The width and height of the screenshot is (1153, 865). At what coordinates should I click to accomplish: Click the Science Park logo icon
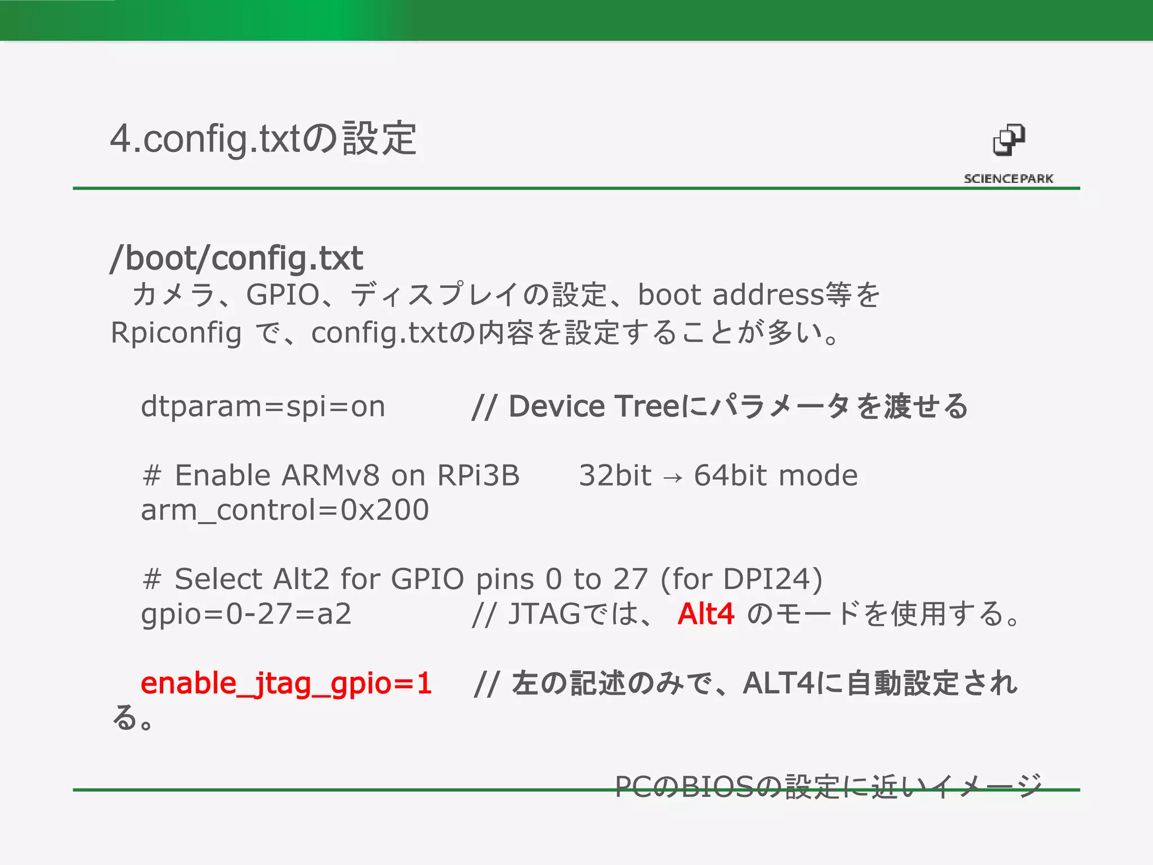pos(1008,140)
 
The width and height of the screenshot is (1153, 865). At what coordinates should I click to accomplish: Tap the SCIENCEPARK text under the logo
pos(1008,179)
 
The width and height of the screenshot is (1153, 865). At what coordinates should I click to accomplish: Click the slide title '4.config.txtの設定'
pos(263,139)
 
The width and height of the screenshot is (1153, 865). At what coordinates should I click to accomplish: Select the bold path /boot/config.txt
pos(236,258)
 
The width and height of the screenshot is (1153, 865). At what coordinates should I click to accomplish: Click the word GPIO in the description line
pos(283,295)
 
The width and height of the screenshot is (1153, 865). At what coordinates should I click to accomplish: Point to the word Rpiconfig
pos(176,332)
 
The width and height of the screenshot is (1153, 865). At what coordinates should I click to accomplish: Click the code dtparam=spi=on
pos(263,406)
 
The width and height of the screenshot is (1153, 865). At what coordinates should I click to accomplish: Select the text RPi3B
pos(478,475)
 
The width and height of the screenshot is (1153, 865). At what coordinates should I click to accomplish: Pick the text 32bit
pos(615,475)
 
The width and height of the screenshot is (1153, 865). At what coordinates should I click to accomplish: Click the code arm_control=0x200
pos(285,510)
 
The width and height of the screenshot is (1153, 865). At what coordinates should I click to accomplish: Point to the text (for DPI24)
pos(741,579)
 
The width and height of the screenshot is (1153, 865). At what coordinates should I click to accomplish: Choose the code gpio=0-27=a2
pos(246,613)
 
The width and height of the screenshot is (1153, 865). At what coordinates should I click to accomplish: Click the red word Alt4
pos(706,613)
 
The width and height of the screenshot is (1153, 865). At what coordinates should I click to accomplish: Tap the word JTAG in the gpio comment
pos(544,613)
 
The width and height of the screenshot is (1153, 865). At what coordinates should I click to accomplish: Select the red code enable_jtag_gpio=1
pos(286,683)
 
